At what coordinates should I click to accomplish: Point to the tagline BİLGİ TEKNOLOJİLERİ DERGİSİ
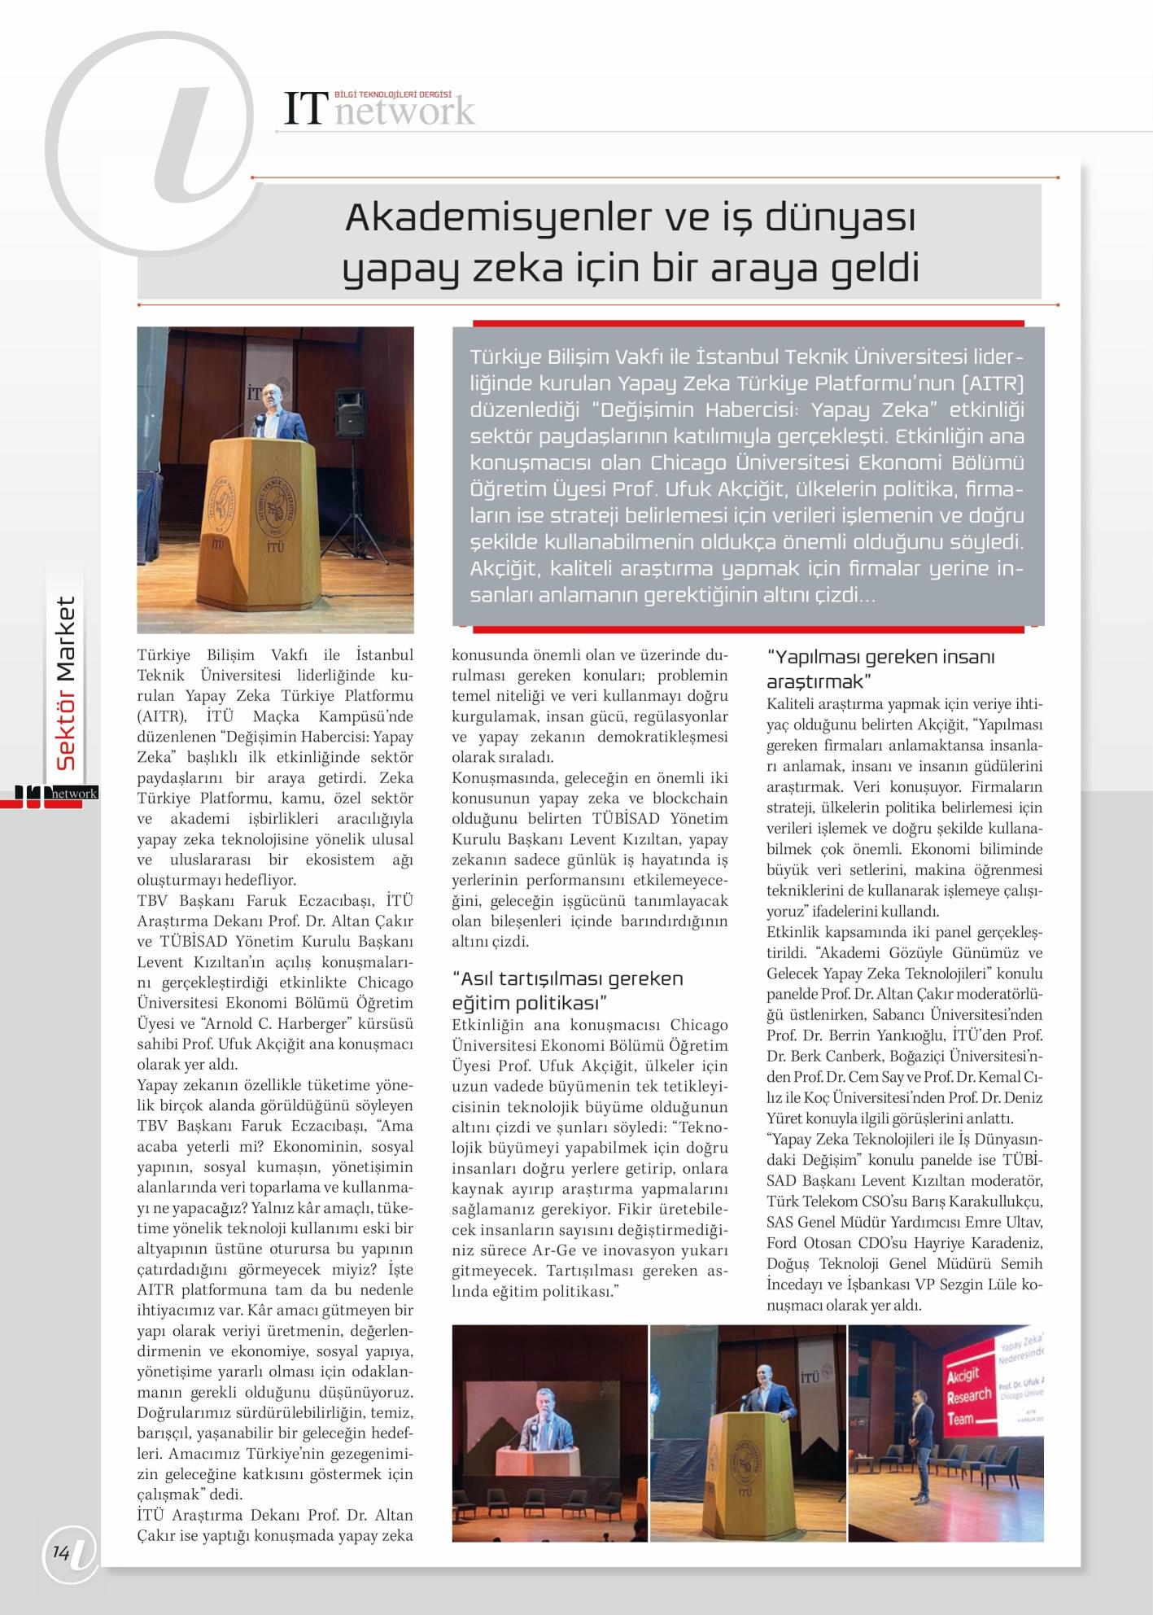coord(393,94)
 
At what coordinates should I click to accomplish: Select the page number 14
coord(61,1553)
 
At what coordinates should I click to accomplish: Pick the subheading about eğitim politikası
coord(567,989)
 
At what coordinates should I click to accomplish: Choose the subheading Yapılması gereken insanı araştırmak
coord(880,667)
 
